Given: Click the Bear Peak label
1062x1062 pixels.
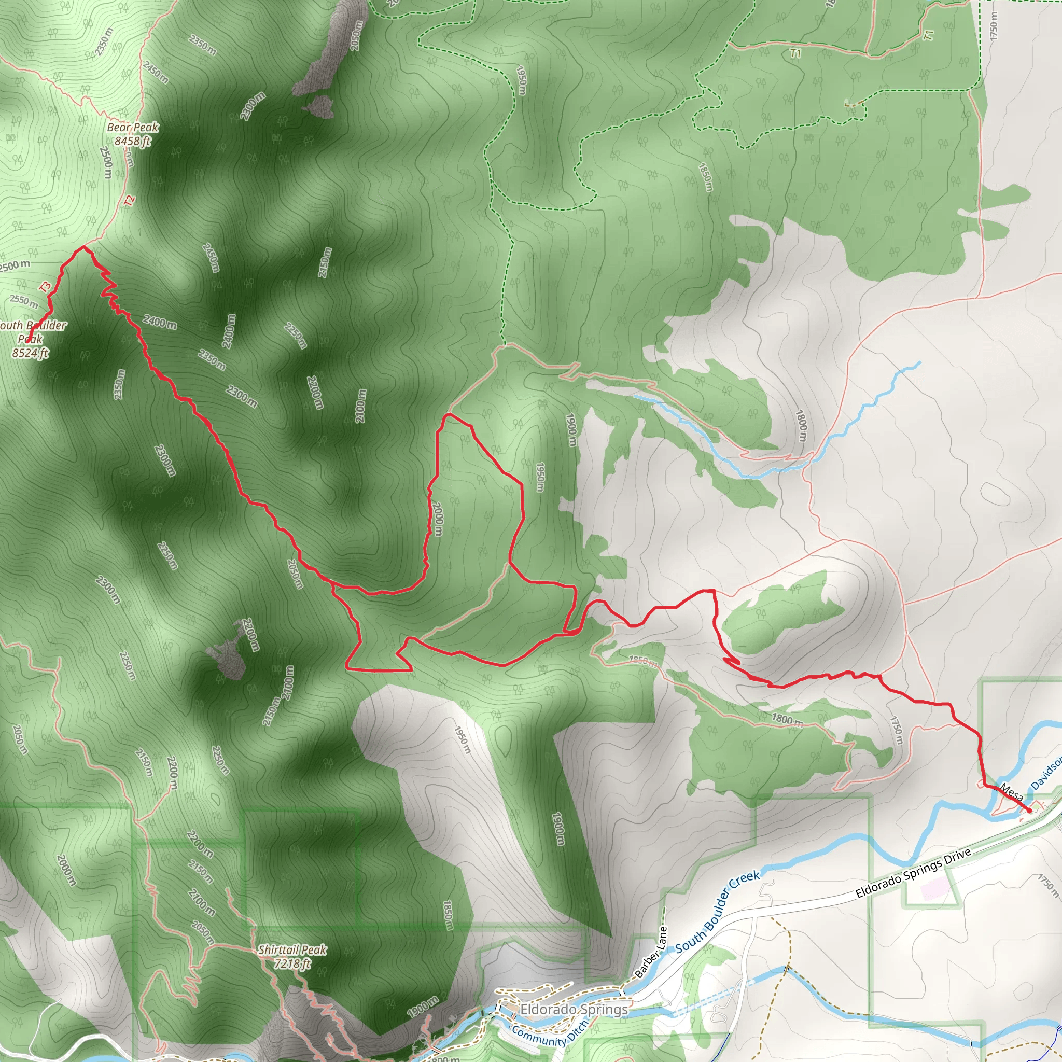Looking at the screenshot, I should point(132,127).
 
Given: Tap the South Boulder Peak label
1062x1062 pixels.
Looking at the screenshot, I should point(32,331).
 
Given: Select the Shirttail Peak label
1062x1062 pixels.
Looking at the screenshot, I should point(292,949).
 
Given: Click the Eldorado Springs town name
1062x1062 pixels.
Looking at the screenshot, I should point(574,1009).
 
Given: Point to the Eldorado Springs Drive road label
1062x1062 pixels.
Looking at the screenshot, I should point(913,873).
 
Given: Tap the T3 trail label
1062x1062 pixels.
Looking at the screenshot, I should point(45,286).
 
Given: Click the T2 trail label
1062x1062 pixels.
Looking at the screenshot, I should point(129,201).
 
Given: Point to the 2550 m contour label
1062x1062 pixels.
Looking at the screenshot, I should point(24,301).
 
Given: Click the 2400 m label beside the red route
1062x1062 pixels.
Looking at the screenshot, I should point(160,322).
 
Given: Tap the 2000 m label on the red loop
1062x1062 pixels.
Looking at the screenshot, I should point(438,519).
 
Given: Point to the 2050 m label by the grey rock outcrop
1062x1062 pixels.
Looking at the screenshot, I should point(356,36).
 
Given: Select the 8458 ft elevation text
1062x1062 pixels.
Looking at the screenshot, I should point(132,141).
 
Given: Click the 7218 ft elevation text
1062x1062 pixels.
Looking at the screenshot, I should point(292,963).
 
